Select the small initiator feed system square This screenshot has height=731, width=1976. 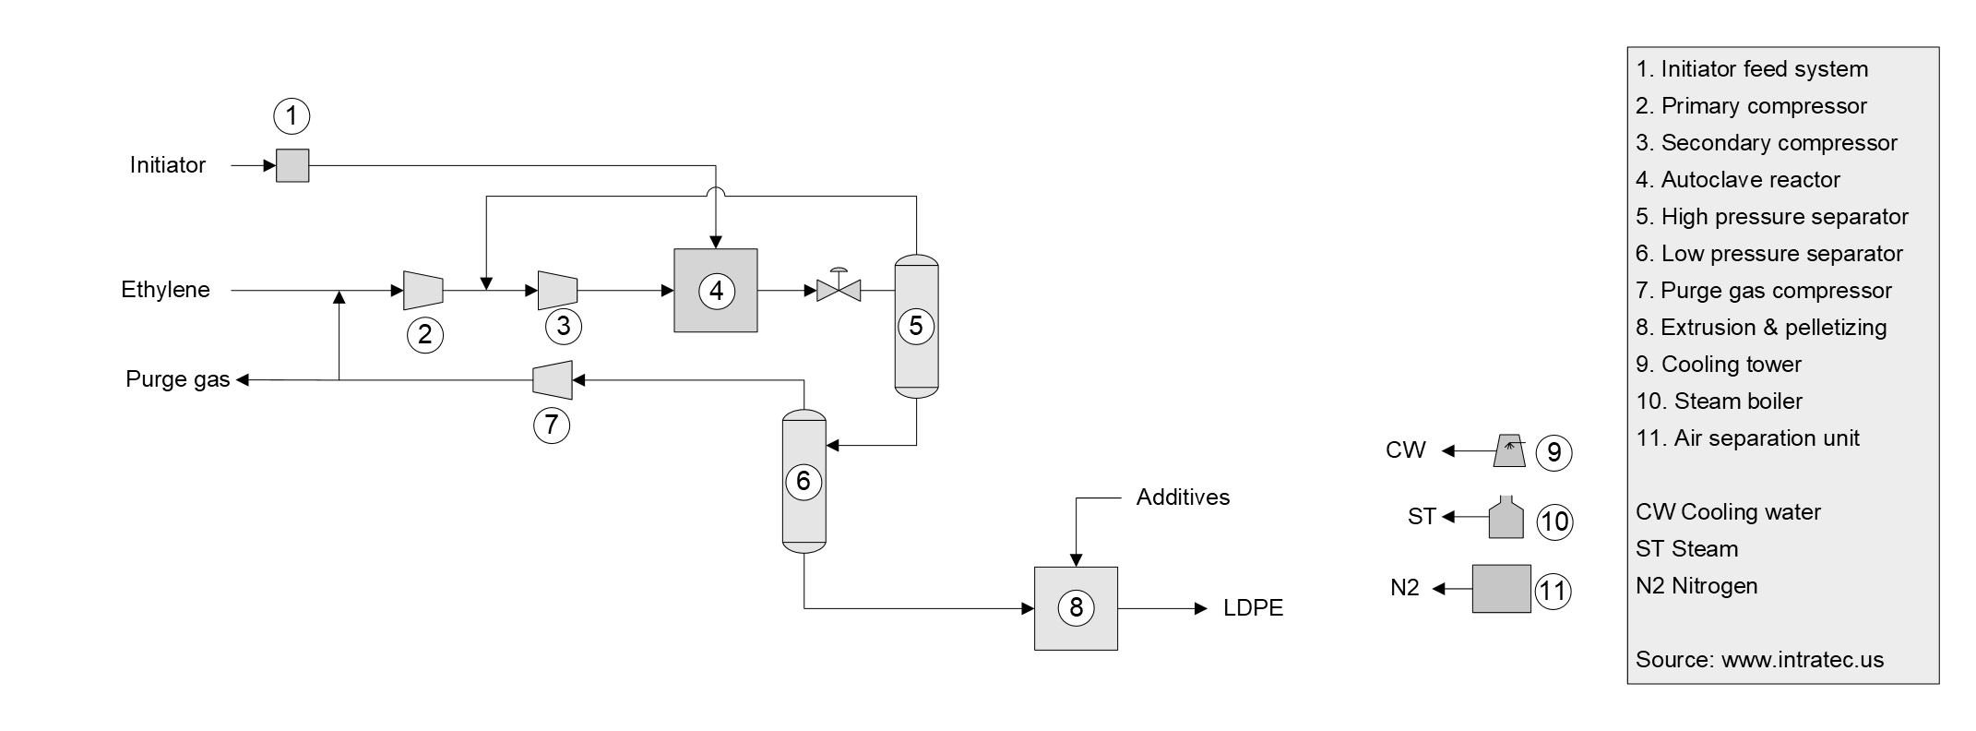292,166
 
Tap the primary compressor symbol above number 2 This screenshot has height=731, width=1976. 423,290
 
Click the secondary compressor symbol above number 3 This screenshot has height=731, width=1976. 557,290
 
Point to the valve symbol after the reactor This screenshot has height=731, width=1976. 838,290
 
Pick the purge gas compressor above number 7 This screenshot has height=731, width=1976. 553,379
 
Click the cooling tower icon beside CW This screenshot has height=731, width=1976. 1509,450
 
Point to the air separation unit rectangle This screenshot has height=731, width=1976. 1501,589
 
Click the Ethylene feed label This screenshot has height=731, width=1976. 166,290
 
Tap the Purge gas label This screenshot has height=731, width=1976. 178,379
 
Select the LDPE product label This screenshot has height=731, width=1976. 1253,608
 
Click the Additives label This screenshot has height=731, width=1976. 1183,497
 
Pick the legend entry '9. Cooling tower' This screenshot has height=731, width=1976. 1718,365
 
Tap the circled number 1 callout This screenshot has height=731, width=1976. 292,116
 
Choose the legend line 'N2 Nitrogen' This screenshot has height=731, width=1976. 1696,586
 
